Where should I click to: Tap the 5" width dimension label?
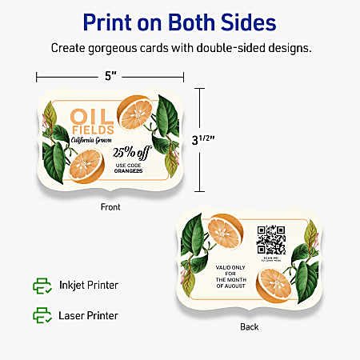(x=110, y=77)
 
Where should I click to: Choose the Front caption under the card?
(x=111, y=206)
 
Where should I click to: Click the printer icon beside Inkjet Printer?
(x=41, y=285)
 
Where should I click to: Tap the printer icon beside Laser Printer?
(x=41, y=314)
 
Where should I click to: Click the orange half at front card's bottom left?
(x=86, y=166)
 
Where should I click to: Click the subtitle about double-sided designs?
(x=180, y=48)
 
